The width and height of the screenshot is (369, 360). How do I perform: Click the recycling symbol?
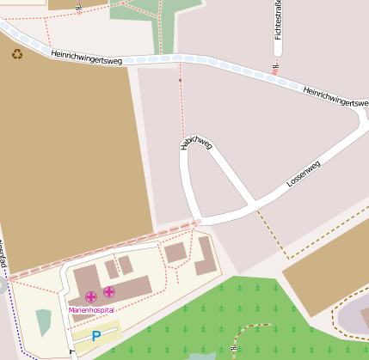(x=17, y=54)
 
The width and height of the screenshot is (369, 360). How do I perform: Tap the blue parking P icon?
(x=96, y=336)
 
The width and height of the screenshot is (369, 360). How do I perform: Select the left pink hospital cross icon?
(x=91, y=296)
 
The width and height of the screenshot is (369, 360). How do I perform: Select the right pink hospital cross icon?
(x=109, y=293)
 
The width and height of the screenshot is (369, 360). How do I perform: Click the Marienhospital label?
(x=91, y=310)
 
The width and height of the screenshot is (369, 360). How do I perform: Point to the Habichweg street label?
(x=195, y=143)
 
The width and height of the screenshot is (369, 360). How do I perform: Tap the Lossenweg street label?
(x=304, y=174)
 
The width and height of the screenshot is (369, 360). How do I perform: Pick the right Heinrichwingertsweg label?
(x=335, y=97)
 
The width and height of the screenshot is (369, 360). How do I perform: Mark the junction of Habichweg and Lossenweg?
(x=252, y=206)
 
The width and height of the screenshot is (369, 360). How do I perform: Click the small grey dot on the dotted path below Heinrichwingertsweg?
(x=180, y=80)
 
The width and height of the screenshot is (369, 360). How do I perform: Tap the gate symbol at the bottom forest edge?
(x=234, y=348)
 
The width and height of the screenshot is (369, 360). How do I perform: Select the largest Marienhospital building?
(x=120, y=288)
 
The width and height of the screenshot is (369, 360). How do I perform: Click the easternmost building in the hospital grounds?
(x=206, y=256)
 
